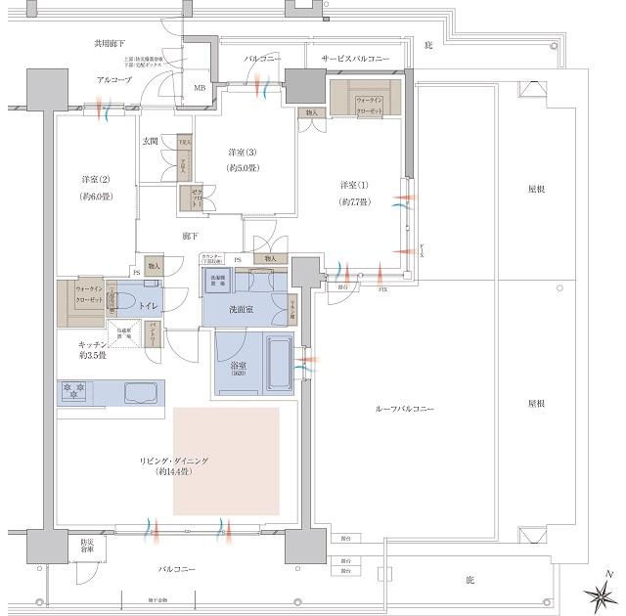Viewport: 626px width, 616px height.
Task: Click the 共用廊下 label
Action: (109, 44)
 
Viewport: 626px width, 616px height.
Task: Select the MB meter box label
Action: (200, 89)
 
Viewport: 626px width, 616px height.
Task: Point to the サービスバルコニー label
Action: (355, 60)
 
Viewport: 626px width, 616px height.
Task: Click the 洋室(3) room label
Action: (244, 153)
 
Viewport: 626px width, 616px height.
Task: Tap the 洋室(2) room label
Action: (96, 180)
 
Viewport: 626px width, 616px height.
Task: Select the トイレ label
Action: (148, 306)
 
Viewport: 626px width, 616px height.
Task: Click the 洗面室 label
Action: (243, 309)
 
